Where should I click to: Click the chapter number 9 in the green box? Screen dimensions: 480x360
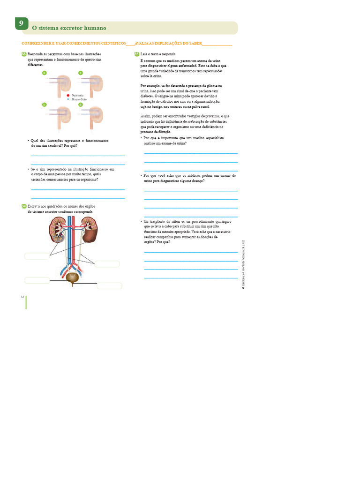21,23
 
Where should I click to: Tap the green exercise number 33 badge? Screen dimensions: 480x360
24,54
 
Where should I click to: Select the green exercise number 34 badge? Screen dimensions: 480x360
24,206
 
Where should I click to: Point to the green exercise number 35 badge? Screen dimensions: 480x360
137,54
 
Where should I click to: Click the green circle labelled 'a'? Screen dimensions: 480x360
45,73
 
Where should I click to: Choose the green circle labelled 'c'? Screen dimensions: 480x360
80,73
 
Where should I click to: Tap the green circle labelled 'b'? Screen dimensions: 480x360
45,105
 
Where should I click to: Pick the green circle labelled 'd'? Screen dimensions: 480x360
80,105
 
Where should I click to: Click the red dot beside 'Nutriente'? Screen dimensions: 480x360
68,95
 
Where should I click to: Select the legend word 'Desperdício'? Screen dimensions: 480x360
79,99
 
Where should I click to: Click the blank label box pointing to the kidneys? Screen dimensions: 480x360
37,256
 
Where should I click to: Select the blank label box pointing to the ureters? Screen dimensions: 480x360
107,264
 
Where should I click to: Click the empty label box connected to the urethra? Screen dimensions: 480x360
109,285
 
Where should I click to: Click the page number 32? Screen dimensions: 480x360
22,297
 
